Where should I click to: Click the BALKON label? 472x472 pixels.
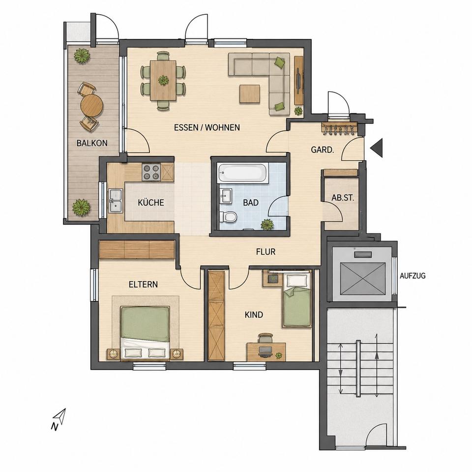tap(92, 143)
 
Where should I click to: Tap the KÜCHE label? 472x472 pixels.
tap(151, 202)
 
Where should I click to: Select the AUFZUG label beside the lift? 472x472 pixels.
tap(413, 275)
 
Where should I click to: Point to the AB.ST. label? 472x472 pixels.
tap(343, 198)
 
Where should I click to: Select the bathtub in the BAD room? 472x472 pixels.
tap(242, 173)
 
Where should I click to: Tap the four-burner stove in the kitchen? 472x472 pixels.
tap(151, 172)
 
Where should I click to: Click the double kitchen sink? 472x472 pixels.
tap(116, 200)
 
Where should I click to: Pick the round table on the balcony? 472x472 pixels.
tap(92, 105)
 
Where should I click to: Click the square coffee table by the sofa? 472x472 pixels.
tap(250, 94)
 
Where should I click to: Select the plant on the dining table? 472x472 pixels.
tap(163, 80)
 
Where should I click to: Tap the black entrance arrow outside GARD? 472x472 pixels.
tap(377, 148)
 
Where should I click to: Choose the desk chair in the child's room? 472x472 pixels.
tap(265, 338)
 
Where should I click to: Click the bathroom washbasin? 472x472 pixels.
tap(226, 196)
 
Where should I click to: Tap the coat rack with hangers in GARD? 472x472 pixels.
tap(339, 128)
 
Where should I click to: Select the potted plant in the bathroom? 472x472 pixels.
tap(267, 224)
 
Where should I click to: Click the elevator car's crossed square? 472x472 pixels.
tap(362, 279)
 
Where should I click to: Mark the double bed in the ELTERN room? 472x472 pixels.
tap(145, 333)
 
